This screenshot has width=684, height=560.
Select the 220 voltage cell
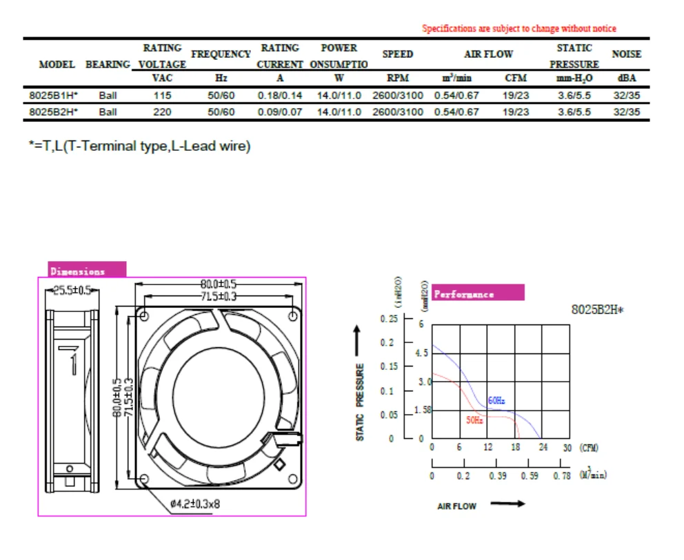(x=162, y=112)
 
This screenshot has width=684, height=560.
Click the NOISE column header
(x=626, y=54)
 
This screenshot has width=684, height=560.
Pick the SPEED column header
(x=398, y=54)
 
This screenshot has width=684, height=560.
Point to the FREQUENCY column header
(x=221, y=54)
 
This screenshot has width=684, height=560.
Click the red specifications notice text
(x=519, y=29)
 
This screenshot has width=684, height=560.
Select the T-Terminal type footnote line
(x=139, y=147)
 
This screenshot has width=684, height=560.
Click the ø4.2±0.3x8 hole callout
(x=196, y=504)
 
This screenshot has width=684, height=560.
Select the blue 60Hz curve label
(x=496, y=401)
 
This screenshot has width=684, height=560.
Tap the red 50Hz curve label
(x=474, y=420)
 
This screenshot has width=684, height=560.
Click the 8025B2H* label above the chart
(x=596, y=309)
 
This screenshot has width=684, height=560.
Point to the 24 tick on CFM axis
(x=542, y=448)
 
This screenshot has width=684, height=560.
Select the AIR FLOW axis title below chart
(x=456, y=506)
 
